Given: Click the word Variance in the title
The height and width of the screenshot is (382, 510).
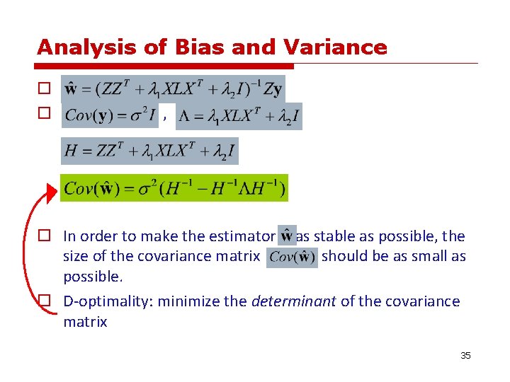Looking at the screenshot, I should point(335,47).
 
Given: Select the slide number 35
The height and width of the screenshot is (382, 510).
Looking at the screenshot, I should point(465,355).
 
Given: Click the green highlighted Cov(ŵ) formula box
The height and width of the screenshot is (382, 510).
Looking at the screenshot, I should point(174,188).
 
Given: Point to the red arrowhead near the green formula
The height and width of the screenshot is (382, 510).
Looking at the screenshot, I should point(51,191).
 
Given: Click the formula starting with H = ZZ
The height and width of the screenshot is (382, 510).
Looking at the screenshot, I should point(150,151).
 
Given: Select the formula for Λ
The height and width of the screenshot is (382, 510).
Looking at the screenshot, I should point(239,116).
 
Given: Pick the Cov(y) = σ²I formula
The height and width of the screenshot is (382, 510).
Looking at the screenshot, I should point(110,115).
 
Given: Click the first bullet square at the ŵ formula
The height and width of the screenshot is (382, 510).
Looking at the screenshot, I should point(43,89).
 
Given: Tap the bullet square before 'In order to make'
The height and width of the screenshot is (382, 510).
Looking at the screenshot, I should point(43,236).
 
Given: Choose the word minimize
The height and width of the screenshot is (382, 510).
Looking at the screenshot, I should point(186,302).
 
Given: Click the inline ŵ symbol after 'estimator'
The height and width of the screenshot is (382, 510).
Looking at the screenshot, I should point(287,236).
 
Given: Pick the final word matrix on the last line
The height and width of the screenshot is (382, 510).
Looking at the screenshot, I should point(85,323).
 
